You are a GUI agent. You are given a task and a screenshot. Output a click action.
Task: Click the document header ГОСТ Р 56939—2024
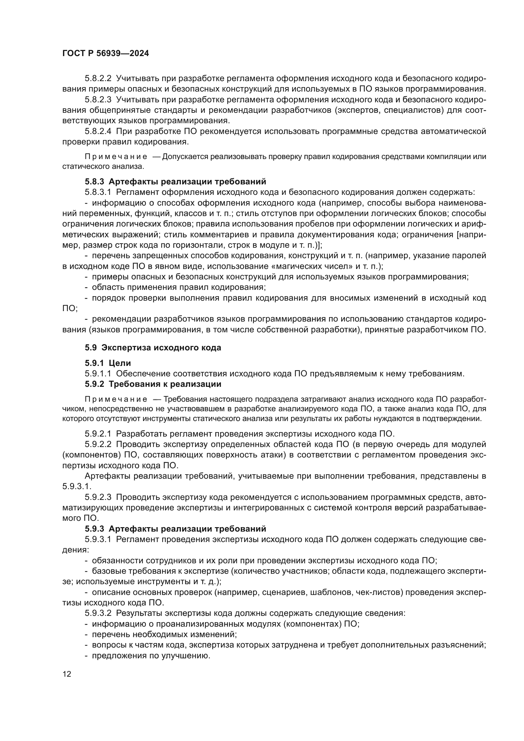coord(105,54)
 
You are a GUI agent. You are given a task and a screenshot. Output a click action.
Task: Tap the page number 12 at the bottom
coord(67,674)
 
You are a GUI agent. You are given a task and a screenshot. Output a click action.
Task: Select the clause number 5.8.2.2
coord(98,79)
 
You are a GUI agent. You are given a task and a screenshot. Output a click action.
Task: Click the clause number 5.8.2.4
coord(98,131)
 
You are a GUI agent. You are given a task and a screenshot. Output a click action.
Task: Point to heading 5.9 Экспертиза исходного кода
coord(153,348)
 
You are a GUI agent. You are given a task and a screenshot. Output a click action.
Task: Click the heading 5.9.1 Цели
coord(108,363)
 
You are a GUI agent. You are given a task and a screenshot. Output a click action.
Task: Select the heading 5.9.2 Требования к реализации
coord(153,384)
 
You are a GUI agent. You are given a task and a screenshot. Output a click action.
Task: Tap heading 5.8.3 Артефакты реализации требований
coord(176,182)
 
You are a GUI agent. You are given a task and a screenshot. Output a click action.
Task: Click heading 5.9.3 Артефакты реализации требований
coord(176,529)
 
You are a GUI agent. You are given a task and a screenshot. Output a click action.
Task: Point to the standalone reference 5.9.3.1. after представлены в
coord(77,486)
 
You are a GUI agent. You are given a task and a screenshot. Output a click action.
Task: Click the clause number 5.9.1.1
coord(98,374)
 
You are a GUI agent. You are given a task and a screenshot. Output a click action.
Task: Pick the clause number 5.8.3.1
coord(98,192)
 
